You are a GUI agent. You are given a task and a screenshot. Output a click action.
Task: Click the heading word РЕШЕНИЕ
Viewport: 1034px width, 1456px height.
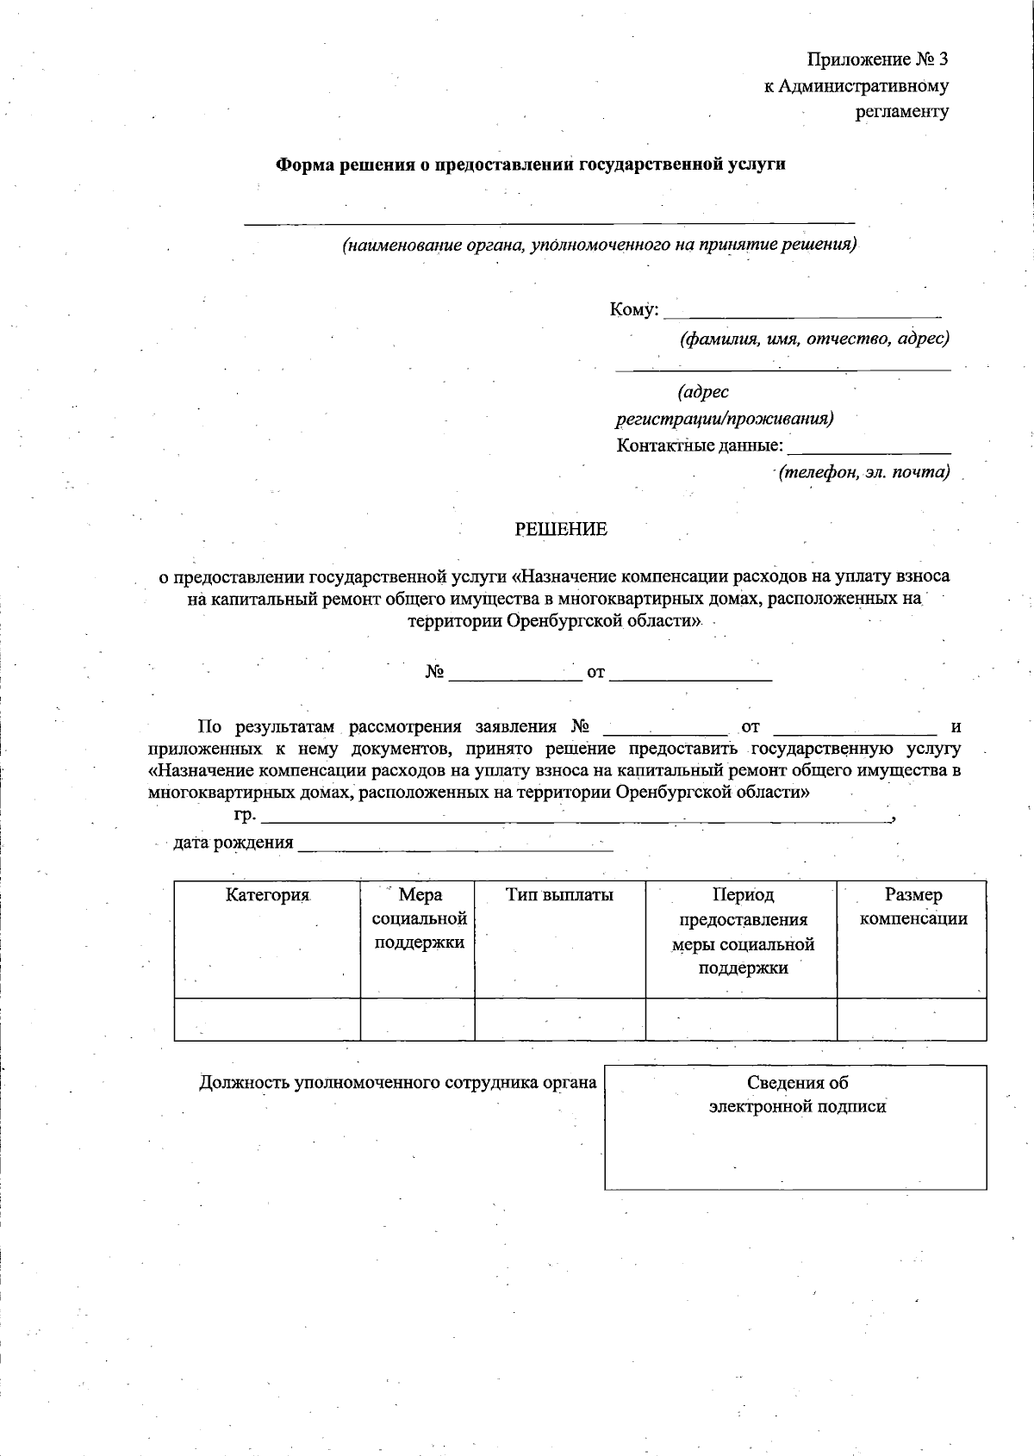pos(561,530)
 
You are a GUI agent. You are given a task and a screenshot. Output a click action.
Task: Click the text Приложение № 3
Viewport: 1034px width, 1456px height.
pos(877,59)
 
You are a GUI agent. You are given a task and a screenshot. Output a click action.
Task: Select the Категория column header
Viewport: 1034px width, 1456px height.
pos(267,895)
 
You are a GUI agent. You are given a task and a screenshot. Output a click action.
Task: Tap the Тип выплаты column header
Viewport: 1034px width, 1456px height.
pos(559,895)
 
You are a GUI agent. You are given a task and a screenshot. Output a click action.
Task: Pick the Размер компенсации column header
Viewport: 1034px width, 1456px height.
pos(913,907)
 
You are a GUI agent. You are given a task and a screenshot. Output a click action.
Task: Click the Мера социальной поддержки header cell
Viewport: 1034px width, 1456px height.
pos(418,918)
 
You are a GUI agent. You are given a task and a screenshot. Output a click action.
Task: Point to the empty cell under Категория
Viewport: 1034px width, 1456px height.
pos(267,1019)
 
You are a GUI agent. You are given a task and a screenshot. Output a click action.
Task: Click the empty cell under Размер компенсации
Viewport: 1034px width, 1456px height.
pos(912,1019)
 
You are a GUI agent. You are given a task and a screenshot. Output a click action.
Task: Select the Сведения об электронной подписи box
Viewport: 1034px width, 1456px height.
pos(795,1127)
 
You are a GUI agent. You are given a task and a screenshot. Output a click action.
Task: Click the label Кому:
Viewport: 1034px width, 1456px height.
pos(634,309)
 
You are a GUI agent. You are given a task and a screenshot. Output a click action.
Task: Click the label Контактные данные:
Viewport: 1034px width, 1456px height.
pos(700,446)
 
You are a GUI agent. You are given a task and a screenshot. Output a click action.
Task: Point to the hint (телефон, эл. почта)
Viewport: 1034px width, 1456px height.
pos(863,472)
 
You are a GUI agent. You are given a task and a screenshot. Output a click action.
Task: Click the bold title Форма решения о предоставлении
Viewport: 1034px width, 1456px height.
pos(530,164)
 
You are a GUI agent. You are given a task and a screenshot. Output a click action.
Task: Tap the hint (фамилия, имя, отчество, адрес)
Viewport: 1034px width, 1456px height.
pos(814,339)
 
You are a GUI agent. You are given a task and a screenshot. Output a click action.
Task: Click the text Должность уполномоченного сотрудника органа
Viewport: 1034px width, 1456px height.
pos(398,1083)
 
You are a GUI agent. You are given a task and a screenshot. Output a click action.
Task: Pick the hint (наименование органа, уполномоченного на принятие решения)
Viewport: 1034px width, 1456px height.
pos(600,245)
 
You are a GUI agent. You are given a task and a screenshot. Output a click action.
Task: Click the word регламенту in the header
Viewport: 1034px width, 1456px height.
pos(901,111)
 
